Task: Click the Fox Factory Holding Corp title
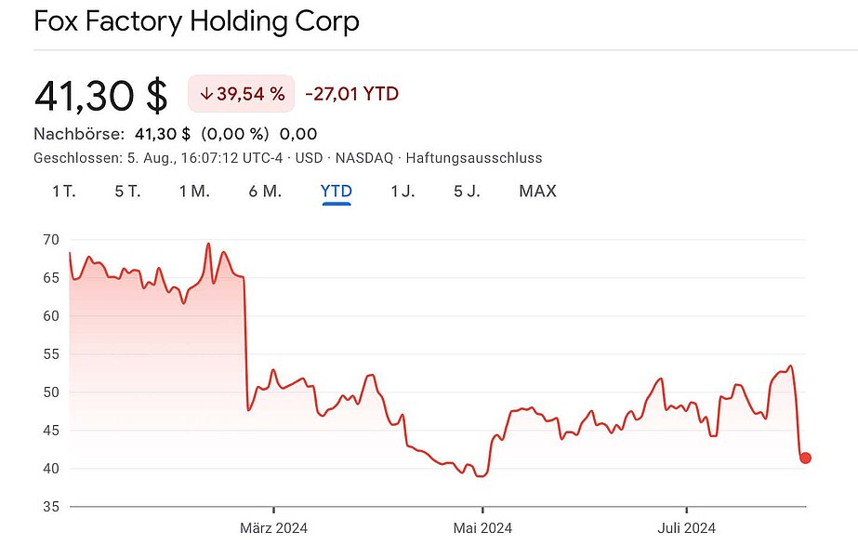click(x=196, y=20)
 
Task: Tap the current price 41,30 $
click(x=100, y=95)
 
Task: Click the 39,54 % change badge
click(x=242, y=94)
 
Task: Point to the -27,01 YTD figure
click(x=352, y=94)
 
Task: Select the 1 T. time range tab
click(x=63, y=192)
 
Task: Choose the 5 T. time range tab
click(x=127, y=192)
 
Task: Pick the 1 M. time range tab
click(x=194, y=192)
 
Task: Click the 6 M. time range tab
click(x=265, y=192)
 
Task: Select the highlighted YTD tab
click(x=336, y=192)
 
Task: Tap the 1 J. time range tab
click(x=403, y=192)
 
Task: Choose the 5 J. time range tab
click(x=467, y=192)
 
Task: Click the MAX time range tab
click(x=537, y=192)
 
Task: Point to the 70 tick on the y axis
click(x=50, y=240)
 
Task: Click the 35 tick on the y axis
click(x=50, y=507)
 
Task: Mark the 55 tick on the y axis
click(x=50, y=354)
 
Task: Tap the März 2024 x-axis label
click(x=273, y=528)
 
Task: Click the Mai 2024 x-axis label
click(x=482, y=528)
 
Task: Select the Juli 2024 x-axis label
click(x=686, y=528)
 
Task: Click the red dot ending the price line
click(x=805, y=458)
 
